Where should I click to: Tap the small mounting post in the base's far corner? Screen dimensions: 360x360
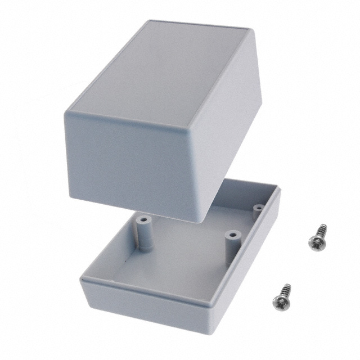pyautogui.click(x=258, y=211)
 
